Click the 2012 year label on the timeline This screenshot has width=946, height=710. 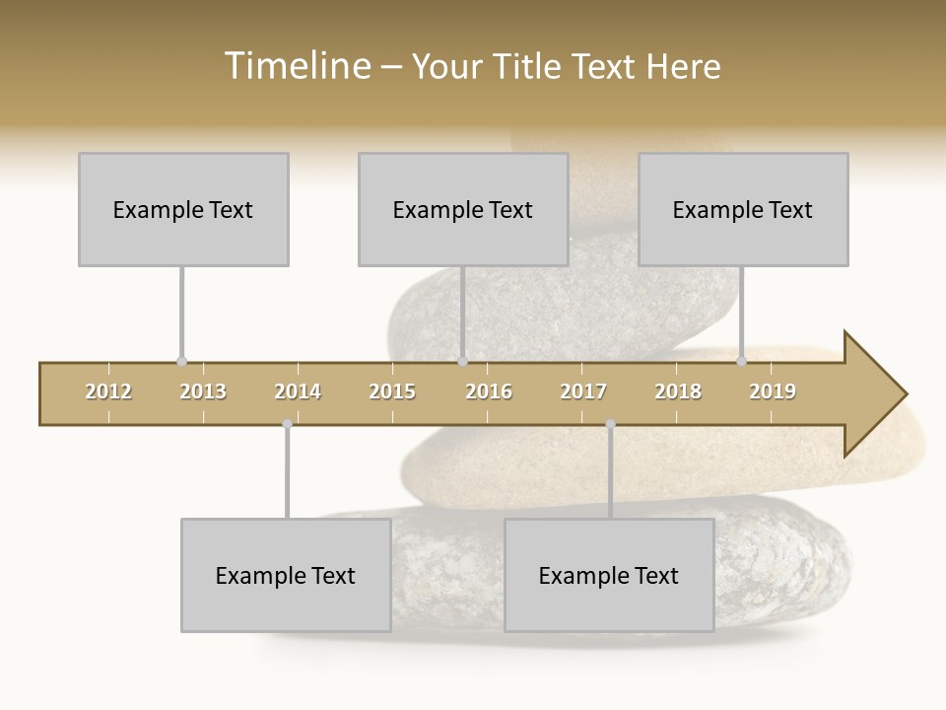point(108,391)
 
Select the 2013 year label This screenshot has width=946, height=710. point(203,391)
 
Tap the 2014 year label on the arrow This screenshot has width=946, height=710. point(298,391)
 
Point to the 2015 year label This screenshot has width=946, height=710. point(392,391)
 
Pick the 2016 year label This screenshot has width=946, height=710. point(489,391)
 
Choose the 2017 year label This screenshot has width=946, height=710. point(583,391)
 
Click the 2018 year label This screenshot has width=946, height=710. point(678,391)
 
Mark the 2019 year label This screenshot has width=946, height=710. point(773,391)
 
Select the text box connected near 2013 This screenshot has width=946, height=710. point(183,209)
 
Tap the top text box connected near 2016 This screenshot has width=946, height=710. point(463,209)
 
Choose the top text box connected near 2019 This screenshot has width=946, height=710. point(743,209)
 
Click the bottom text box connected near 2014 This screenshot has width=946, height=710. point(286,575)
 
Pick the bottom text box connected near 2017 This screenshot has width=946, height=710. point(609,575)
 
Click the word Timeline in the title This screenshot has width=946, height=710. point(296,66)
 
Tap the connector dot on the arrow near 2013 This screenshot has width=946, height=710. point(181,362)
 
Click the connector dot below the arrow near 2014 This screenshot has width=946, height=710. point(287,424)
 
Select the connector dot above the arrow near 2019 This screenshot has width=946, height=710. point(741,362)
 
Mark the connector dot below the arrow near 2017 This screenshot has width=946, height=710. point(610,424)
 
